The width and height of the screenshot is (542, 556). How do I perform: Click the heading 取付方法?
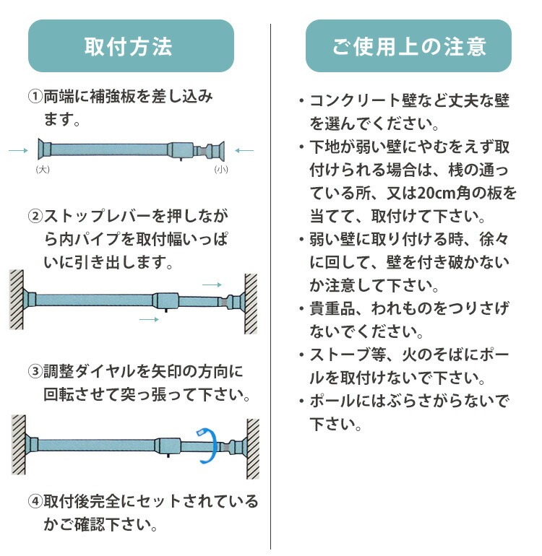pyautogui.click(x=128, y=46)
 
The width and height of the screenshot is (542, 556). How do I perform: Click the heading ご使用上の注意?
pyautogui.click(x=408, y=46)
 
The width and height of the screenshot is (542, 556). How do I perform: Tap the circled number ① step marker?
pyautogui.click(x=35, y=96)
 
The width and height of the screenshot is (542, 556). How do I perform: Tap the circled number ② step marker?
pyautogui.click(x=35, y=216)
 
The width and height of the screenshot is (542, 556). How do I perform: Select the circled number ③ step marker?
pyautogui.click(x=35, y=371)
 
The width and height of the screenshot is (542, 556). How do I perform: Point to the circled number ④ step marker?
pyautogui.click(x=35, y=501)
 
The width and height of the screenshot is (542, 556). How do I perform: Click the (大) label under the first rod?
pyautogui.click(x=43, y=169)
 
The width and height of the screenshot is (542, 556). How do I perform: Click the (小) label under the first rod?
pyautogui.click(x=221, y=169)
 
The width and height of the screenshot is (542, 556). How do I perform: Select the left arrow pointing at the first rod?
pyautogui.click(x=19, y=150)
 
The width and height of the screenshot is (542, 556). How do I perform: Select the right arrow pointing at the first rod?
pyautogui.click(x=244, y=150)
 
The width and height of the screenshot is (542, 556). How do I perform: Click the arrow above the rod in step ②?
pyautogui.click(x=212, y=284)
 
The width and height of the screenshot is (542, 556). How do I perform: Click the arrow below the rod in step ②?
pyautogui.click(x=149, y=319)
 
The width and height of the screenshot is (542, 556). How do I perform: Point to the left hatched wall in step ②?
pyautogui.click(x=17, y=300)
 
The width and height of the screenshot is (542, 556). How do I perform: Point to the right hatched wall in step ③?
pyautogui.click(x=253, y=448)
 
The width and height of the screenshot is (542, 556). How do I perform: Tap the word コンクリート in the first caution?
pyautogui.click(x=356, y=100)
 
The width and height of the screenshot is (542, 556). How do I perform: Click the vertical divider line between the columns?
pyautogui.click(x=271, y=287)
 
